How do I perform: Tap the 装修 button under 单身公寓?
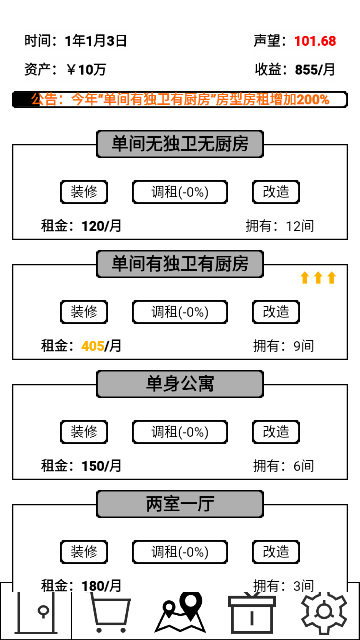(84, 432)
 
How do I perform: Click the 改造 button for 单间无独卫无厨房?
(275, 192)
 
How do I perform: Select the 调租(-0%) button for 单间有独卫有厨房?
(180, 312)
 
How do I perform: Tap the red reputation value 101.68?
(315, 41)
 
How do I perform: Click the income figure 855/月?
(315, 70)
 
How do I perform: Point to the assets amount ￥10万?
(86, 70)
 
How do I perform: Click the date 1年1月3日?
(95, 41)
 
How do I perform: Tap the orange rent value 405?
(93, 346)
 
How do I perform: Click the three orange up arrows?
(318, 278)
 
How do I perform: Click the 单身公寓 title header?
(180, 384)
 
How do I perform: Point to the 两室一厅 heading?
(180, 504)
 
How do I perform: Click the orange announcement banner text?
(180, 100)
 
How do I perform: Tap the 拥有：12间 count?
(285, 226)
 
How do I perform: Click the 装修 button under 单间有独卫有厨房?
(84, 312)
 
